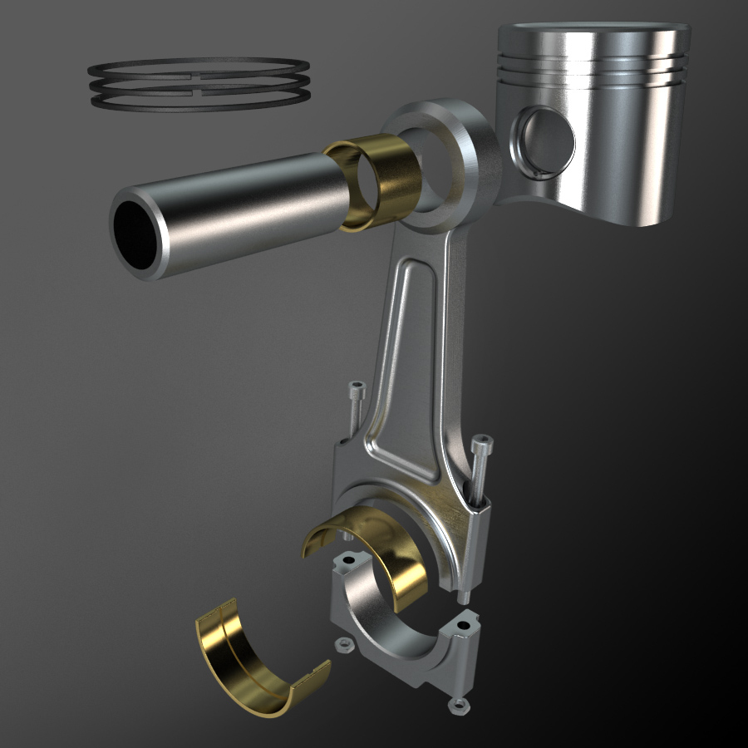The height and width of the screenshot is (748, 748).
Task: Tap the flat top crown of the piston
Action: click(593, 33)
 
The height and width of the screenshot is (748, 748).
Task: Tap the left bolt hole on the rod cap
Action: click(347, 561)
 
